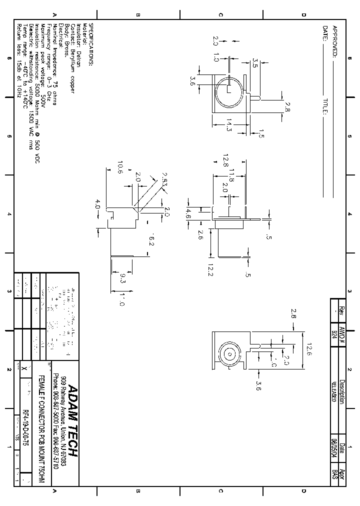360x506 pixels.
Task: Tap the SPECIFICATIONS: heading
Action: tap(91, 44)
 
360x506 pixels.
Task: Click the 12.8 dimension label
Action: tap(225, 160)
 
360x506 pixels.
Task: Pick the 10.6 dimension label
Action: tap(119, 167)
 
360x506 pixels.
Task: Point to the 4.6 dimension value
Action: tap(188, 214)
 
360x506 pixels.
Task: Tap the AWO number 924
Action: tap(334, 333)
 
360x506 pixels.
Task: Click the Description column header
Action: tap(341, 390)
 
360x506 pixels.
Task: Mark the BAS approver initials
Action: tap(334, 474)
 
